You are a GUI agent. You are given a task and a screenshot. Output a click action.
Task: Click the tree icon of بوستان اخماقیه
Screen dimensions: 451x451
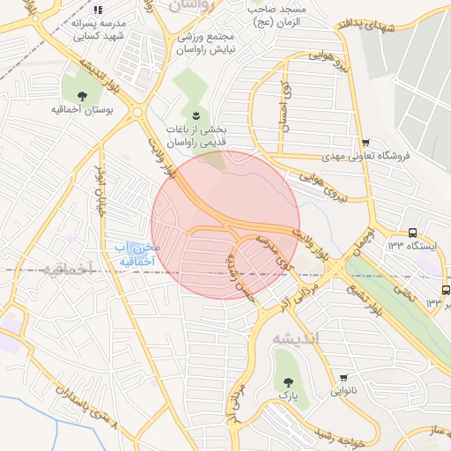(x=82, y=95)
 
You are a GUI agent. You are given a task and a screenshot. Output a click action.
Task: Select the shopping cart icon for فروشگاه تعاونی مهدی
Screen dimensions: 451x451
(x=365, y=143)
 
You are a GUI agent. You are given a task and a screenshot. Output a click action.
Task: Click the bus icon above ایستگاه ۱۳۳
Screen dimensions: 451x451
(x=414, y=233)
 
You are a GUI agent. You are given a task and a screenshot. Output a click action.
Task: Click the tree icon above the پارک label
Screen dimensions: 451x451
(x=287, y=381)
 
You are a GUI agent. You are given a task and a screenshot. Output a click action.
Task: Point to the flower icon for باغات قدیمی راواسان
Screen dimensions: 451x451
(x=196, y=115)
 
